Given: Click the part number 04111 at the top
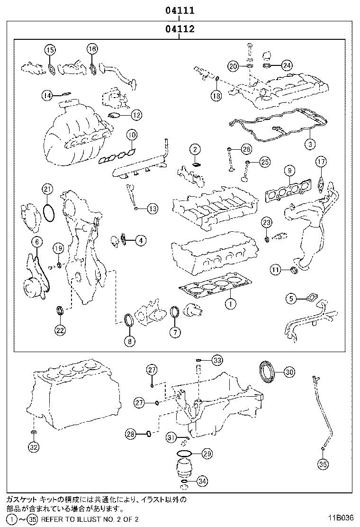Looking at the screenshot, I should click(180, 10).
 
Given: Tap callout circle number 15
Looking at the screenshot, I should click(50, 49).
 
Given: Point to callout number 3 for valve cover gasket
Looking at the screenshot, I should click(309, 143).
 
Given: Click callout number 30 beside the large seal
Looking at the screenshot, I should click(289, 373).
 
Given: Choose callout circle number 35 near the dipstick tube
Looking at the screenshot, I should click(323, 465).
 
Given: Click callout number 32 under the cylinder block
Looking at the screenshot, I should click(33, 446).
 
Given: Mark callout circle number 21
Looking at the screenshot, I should click(46, 190).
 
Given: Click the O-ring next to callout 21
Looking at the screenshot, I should click(48, 213).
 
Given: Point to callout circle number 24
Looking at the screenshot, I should click(287, 66).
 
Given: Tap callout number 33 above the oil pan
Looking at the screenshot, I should click(216, 360).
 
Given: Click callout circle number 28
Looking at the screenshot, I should click(131, 433).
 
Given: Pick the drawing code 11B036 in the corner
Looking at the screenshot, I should click(340, 518).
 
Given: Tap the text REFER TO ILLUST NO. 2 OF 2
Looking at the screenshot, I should click(90, 519).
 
